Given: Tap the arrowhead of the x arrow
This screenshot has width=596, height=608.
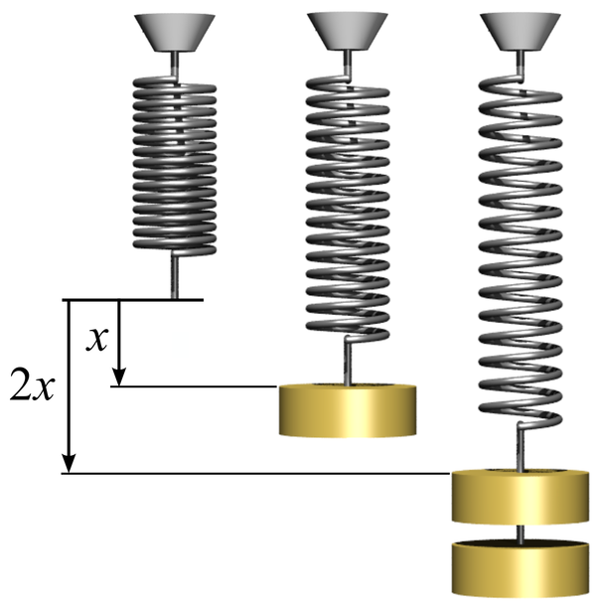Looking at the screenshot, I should [118, 378].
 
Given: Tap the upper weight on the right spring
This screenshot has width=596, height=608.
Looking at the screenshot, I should [520, 498].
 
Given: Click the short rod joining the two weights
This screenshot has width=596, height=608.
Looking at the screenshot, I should [520, 533].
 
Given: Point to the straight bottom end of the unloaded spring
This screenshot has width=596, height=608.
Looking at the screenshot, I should [176, 274].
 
